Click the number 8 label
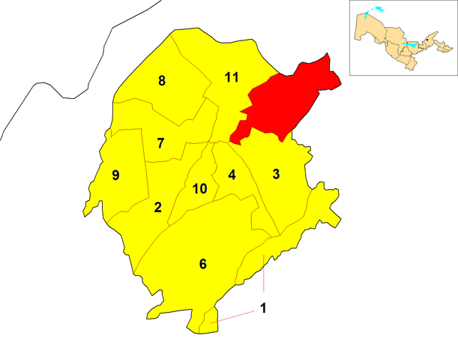click(x=161, y=81)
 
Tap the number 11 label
click(x=232, y=76)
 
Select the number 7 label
click(x=160, y=142)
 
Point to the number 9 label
click(x=115, y=175)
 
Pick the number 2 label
click(x=157, y=207)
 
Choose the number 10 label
click(x=199, y=188)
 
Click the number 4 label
click(x=232, y=175)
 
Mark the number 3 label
click(x=276, y=175)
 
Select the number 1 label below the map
click(x=262, y=307)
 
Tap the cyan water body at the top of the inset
click(x=376, y=10)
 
